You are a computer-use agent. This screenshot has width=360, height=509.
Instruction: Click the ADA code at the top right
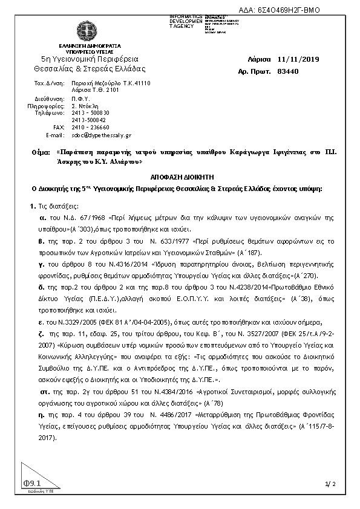coord(280,11)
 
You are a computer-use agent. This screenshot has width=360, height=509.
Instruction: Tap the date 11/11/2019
coord(298,60)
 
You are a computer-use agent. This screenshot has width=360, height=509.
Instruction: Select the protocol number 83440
coord(287,71)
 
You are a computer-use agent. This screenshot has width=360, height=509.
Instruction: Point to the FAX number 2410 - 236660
coord(91,128)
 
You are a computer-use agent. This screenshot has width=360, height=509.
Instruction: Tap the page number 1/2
coord(330,484)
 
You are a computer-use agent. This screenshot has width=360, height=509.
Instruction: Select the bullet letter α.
coord(42,216)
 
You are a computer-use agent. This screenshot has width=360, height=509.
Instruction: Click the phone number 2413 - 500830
coord(91,112)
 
